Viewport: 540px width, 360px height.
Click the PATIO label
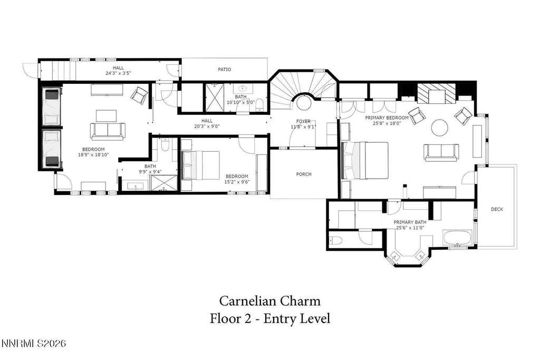225,70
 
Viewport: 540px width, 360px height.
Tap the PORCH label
304,174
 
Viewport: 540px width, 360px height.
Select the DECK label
497,209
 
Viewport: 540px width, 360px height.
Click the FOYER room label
303,121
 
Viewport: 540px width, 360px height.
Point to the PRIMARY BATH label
410,222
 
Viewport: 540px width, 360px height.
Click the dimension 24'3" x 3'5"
118,73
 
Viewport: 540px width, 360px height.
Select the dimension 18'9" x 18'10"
93,155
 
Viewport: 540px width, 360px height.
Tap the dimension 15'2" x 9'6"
237,182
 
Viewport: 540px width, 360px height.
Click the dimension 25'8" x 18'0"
387,123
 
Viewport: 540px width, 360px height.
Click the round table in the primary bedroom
440,128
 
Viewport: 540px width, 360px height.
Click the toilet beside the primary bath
335,240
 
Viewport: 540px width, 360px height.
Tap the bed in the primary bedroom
365,160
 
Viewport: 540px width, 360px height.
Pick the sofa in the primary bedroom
441,152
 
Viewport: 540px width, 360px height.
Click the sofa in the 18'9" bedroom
108,131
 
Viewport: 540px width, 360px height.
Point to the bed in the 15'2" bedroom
200,165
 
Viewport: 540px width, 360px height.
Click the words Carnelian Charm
270,301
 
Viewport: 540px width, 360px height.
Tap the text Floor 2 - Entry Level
270,318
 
